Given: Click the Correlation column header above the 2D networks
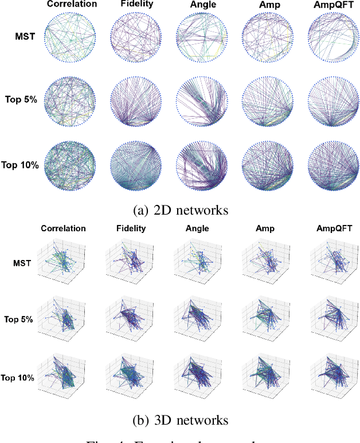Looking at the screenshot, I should pyautogui.click(x=72, y=5).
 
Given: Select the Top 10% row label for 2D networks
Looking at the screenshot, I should pyautogui.click(x=19, y=165).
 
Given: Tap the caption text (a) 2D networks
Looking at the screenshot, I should pyautogui.click(x=180, y=210).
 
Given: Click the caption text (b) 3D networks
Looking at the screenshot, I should pyautogui.click(x=180, y=420).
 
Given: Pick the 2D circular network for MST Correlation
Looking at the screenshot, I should pyautogui.click(x=72, y=38).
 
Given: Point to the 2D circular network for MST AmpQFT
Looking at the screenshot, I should pyautogui.click(x=331, y=38).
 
